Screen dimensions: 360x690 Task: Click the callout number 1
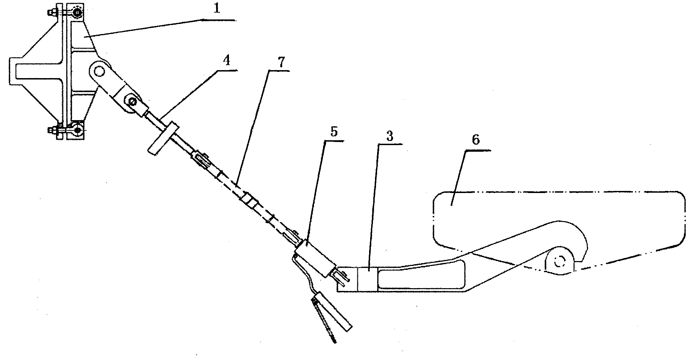coord(216,9)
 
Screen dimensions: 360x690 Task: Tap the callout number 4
coord(227,61)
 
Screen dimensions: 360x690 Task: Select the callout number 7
coord(281,62)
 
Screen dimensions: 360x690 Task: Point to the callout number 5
coord(334,133)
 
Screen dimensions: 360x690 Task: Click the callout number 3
coord(390,136)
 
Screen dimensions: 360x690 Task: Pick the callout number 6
coord(476,141)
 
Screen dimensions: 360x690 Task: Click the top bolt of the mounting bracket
coord(77,13)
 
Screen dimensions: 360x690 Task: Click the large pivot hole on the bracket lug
coord(99,72)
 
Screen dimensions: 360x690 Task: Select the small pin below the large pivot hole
coord(132,101)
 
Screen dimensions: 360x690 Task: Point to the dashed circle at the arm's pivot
coord(559,262)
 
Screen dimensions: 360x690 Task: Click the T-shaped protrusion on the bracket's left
coord(21,72)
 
